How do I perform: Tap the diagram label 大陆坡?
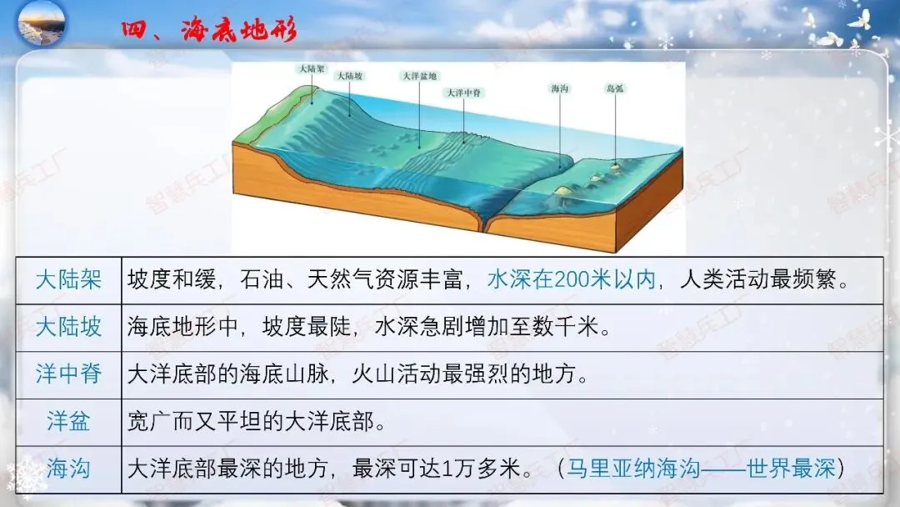pyautogui.click(x=349, y=76)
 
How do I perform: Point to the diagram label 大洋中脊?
pyautogui.click(x=465, y=92)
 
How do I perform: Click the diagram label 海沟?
pyautogui.click(x=560, y=88)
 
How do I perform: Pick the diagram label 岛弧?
pyautogui.click(x=616, y=88)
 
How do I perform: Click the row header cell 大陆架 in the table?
pyautogui.click(x=68, y=279)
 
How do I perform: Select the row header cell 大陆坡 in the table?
pyautogui.click(x=68, y=327)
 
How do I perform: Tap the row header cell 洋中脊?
pyautogui.click(x=68, y=374)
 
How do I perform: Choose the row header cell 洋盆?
pyautogui.click(x=68, y=421)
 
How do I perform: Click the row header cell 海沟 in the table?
pyautogui.click(x=68, y=469)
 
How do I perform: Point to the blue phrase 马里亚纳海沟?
pyautogui.click(x=633, y=469)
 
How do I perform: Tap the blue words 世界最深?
pyautogui.click(x=791, y=469)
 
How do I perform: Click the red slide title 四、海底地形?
pyautogui.click(x=208, y=32)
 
